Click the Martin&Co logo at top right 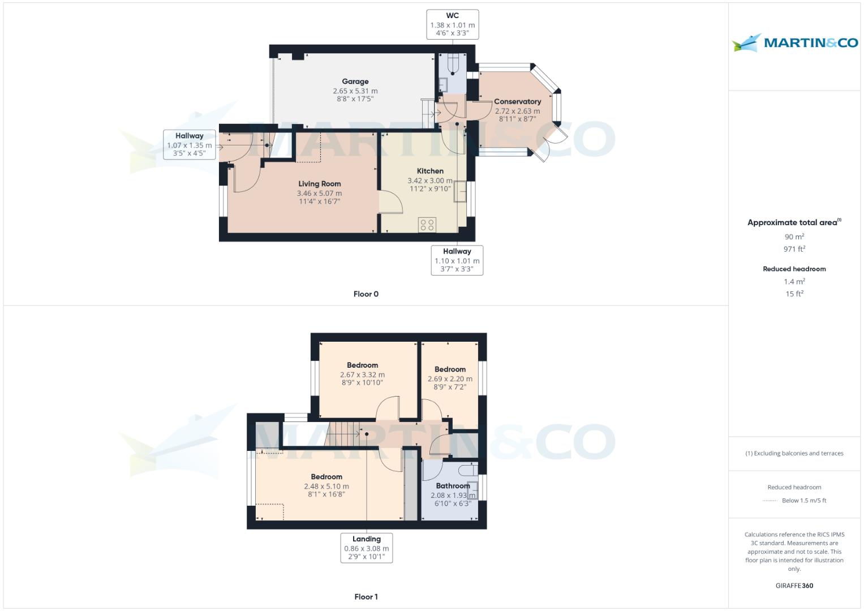[794, 42]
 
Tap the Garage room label [355, 81]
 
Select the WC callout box [453, 24]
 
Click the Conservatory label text [517, 101]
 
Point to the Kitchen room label [430, 171]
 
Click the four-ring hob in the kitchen [427, 225]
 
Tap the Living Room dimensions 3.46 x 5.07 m [319, 193]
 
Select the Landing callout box [367, 548]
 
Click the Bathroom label [453, 485]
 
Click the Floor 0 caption [366, 294]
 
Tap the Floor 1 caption [366, 597]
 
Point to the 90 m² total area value [794, 236]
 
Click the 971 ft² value [794, 249]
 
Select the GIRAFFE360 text [794, 586]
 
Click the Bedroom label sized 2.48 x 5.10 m [326, 477]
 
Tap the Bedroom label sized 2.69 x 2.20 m [450, 369]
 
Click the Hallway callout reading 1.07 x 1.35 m [190, 145]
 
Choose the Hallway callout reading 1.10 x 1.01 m [457, 260]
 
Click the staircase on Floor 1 [342, 434]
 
